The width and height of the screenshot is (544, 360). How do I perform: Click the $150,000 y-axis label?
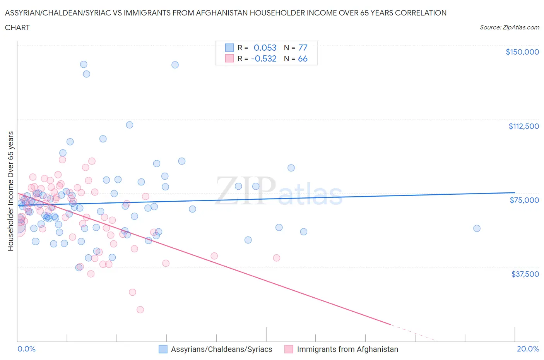522,52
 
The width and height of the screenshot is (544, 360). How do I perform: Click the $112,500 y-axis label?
523,126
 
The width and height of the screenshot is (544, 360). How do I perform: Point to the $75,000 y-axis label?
524,200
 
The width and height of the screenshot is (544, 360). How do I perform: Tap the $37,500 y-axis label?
525,274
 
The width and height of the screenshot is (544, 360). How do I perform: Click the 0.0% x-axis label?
26,349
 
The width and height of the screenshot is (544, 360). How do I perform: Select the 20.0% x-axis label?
528,349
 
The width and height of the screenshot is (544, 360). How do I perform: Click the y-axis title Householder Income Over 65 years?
10,191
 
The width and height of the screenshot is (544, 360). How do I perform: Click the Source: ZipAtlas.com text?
509,27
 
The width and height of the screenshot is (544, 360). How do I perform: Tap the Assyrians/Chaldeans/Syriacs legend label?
221,349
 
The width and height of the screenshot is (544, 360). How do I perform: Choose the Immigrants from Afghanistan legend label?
347,349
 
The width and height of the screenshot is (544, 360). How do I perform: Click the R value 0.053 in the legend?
265,48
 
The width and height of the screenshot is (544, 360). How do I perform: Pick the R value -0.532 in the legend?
263,58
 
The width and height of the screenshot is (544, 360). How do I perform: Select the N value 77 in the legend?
303,48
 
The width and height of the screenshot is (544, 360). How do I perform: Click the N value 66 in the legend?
303,58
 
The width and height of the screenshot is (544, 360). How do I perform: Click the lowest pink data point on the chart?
140,310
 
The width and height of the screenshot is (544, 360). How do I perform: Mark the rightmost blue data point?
477,228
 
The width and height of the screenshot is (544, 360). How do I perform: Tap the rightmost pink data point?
276,258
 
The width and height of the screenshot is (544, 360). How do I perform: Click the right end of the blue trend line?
515,192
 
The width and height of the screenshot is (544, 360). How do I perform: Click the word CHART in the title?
17,27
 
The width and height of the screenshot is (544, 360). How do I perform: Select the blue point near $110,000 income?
130,125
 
